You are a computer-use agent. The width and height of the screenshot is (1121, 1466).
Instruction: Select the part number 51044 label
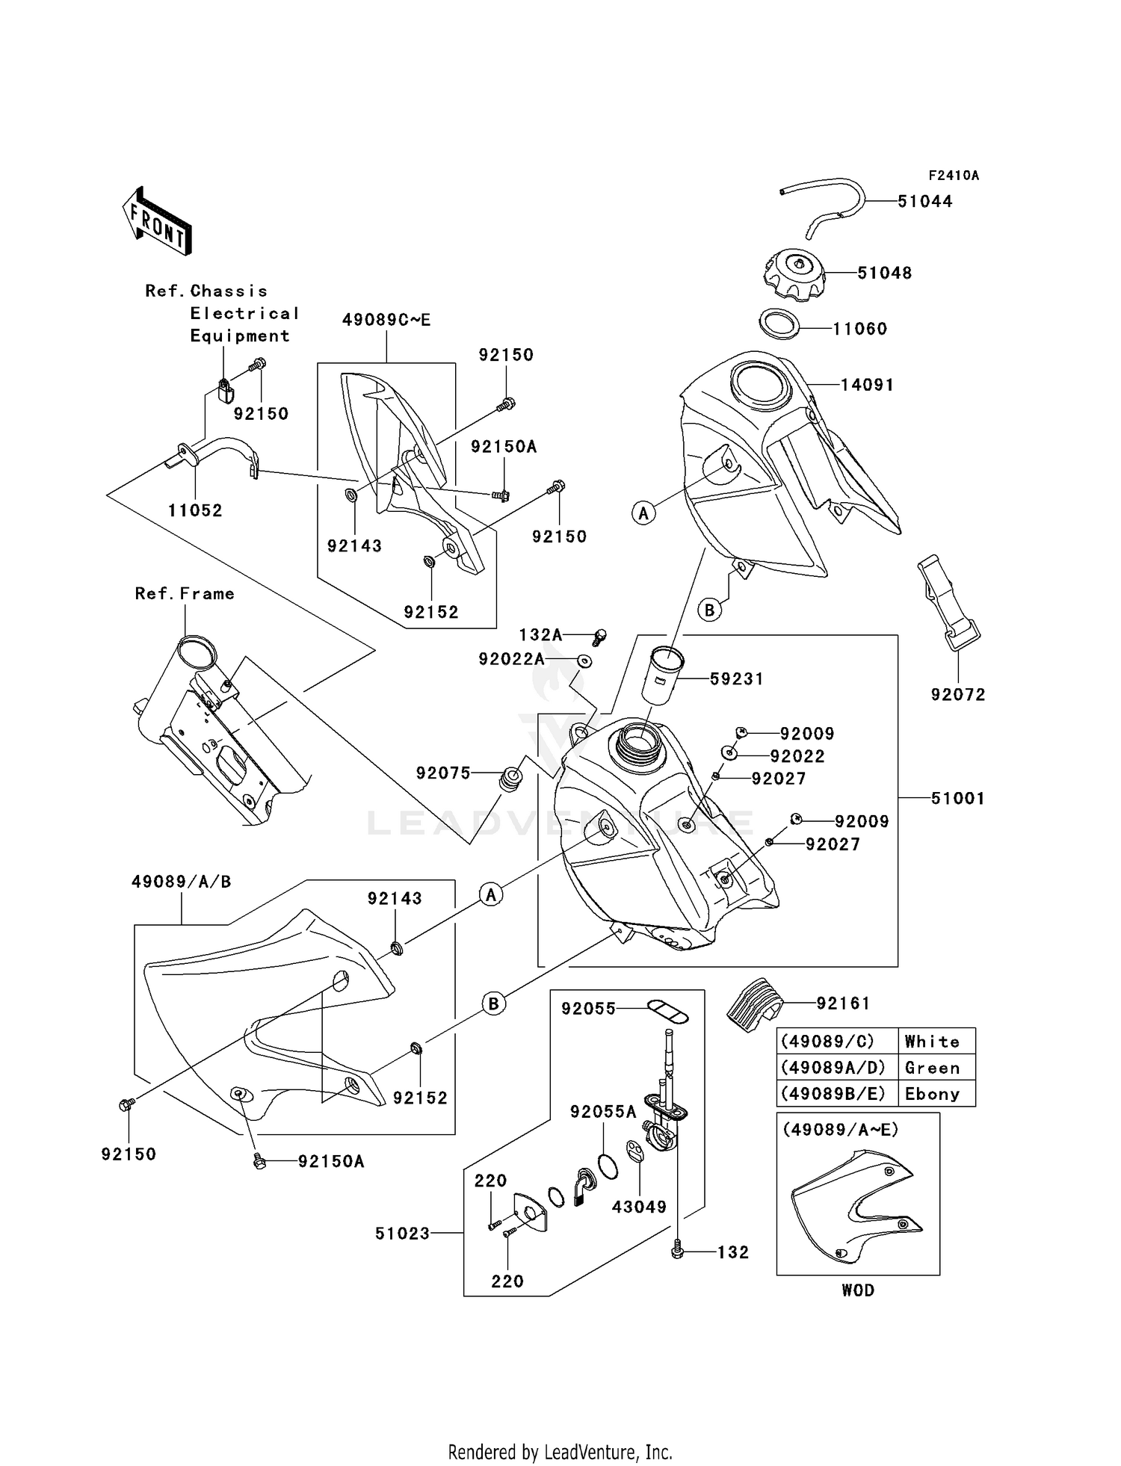pyautogui.click(x=924, y=201)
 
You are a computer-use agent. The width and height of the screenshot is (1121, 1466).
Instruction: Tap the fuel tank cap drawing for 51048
pyautogui.click(x=797, y=273)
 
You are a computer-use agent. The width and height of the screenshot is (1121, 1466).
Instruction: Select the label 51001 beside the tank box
pyautogui.click(x=957, y=798)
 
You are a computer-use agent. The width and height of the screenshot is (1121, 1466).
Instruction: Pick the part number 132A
pyautogui.click(x=540, y=635)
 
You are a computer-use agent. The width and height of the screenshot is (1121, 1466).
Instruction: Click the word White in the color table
pyautogui.click(x=932, y=1042)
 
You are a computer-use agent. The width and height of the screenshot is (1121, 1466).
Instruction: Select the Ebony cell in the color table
pyautogui.click(x=932, y=1094)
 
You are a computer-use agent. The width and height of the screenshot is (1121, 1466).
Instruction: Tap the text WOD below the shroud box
pyautogui.click(x=857, y=1290)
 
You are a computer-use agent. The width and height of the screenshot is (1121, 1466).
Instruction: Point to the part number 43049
pyautogui.click(x=639, y=1207)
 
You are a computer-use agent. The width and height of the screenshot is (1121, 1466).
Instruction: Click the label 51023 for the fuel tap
pyautogui.click(x=402, y=1233)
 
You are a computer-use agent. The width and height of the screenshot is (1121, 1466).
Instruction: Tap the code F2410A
pyautogui.click(x=953, y=176)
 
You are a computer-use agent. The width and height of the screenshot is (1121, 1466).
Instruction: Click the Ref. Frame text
pyautogui.click(x=185, y=593)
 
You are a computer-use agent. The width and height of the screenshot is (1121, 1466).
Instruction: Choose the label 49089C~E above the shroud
pyautogui.click(x=386, y=320)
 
